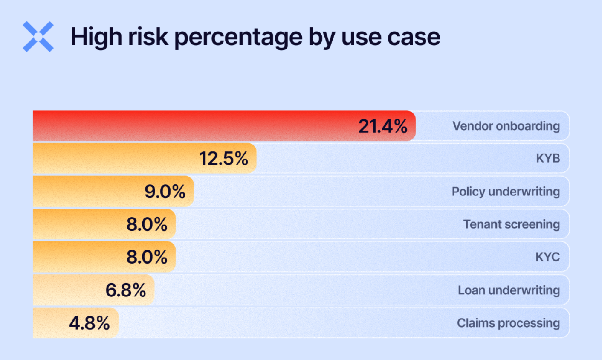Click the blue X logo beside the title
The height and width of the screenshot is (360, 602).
pos(38,37)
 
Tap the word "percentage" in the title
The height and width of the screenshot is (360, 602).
pos(238,38)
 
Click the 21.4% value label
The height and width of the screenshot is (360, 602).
pos(383,126)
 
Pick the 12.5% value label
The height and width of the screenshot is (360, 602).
pos(223,159)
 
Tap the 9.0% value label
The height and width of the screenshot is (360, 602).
pos(165,192)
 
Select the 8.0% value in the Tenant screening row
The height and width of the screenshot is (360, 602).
pos(147,224)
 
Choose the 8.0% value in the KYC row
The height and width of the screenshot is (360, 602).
pos(147,257)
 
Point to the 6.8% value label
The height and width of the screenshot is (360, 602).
pos(126,290)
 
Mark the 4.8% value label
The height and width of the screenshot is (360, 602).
pos(90,323)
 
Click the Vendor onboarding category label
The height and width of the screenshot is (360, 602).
pos(506,126)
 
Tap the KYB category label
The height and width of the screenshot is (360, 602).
pos(548,158)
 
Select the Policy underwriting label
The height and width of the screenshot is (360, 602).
pos(506,192)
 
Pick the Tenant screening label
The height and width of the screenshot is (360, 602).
pos(511,224)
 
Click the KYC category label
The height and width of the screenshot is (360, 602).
pos(548,257)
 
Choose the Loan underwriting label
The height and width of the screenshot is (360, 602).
pos(509,290)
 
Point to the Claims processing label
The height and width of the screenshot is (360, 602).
pos(508,323)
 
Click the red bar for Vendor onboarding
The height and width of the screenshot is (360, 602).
pos(192,126)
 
